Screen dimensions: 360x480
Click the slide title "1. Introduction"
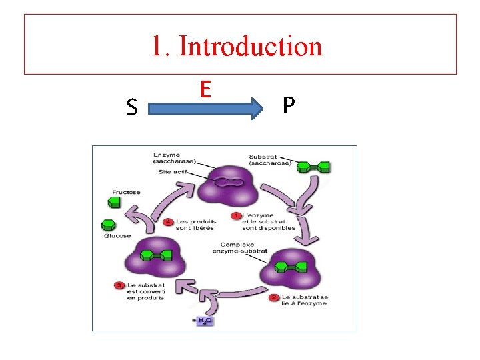(237, 47)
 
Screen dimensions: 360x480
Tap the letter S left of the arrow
(132, 107)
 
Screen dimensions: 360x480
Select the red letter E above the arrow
(205, 89)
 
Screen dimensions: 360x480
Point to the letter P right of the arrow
(288, 105)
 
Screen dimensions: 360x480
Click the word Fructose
(126, 193)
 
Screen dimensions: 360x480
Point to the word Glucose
(117, 235)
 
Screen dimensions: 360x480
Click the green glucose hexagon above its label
(108, 225)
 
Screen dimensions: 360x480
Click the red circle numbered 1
(235, 216)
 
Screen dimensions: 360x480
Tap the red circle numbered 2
(274, 297)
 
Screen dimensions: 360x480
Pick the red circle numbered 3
(119, 286)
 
